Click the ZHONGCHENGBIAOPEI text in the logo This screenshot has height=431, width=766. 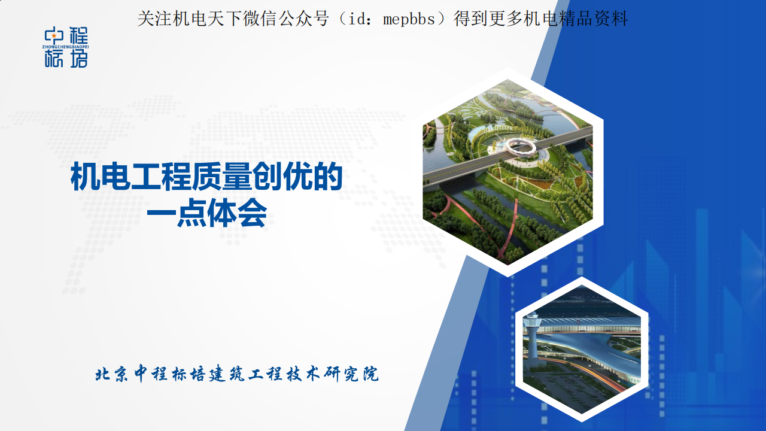click(66, 47)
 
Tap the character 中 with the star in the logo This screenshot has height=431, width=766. click(54, 35)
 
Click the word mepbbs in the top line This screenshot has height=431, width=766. click(409, 19)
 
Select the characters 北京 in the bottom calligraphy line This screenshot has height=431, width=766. click(111, 374)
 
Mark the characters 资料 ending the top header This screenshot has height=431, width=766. click(611, 19)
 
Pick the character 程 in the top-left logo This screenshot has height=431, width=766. click(78, 35)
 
